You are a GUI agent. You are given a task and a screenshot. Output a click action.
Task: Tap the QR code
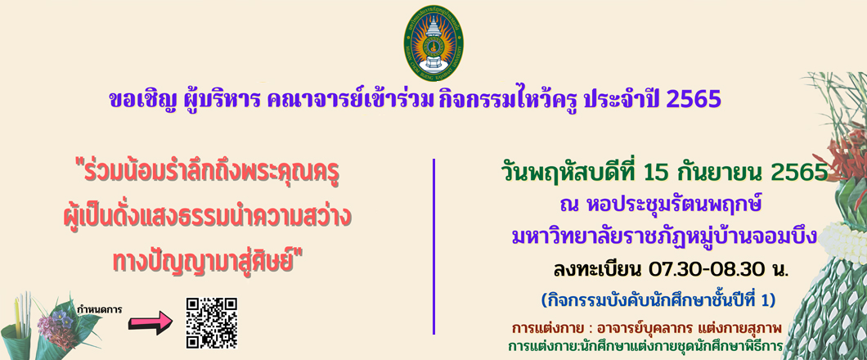tap(212, 323)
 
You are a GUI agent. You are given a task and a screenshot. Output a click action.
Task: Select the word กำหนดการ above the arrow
tap(100, 308)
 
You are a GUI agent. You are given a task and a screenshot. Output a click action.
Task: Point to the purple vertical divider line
tap(434, 246)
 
